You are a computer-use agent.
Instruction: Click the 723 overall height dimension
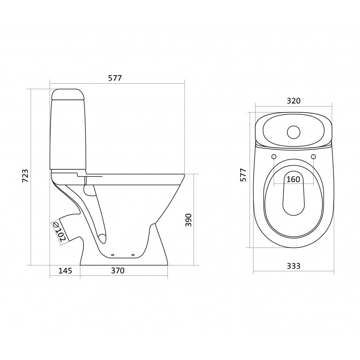tap(25, 175)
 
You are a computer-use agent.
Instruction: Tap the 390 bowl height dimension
tap(188, 220)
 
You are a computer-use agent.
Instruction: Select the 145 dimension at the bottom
tap(65, 271)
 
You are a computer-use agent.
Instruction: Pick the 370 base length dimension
tap(118, 271)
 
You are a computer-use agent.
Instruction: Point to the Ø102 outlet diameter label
tap(59, 231)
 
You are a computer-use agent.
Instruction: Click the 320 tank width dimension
tap(294, 101)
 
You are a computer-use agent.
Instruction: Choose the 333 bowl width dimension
tap(294, 266)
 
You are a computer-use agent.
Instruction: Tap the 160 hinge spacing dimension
tap(294, 179)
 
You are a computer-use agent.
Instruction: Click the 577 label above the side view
tap(115, 78)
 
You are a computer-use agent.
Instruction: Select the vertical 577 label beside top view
tap(243, 175)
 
